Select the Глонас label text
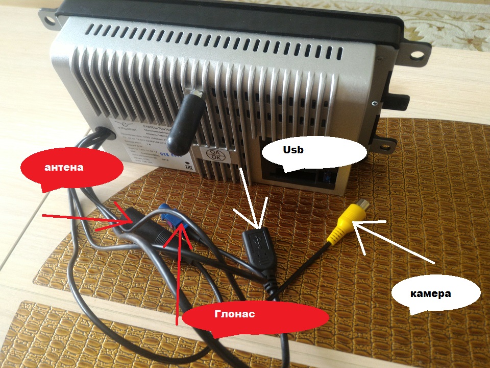tap(234, 314)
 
